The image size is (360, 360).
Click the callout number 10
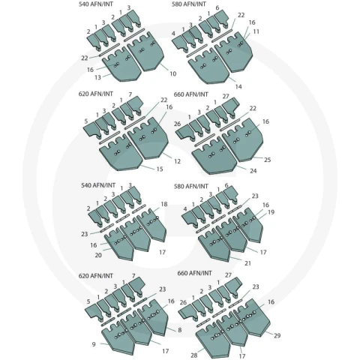[173, 73]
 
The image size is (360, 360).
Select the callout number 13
[97, 77]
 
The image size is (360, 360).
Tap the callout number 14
[238, 86]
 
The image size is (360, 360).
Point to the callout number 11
[256, 31]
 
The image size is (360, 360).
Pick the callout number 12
[177, 161]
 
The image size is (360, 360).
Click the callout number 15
[160, 169]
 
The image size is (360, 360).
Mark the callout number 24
[253, 171]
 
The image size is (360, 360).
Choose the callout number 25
[268, 160]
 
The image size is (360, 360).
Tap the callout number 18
[164, 204]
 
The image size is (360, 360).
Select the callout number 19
[271, 212]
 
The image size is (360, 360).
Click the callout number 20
[98, 255]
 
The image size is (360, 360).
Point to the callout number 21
[247, 263]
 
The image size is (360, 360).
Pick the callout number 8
[180, 330]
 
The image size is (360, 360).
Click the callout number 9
[94, 344]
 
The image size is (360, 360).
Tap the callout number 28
[194, 355]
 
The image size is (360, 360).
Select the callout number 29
[277, 335]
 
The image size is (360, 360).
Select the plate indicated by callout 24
[214, 156]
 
